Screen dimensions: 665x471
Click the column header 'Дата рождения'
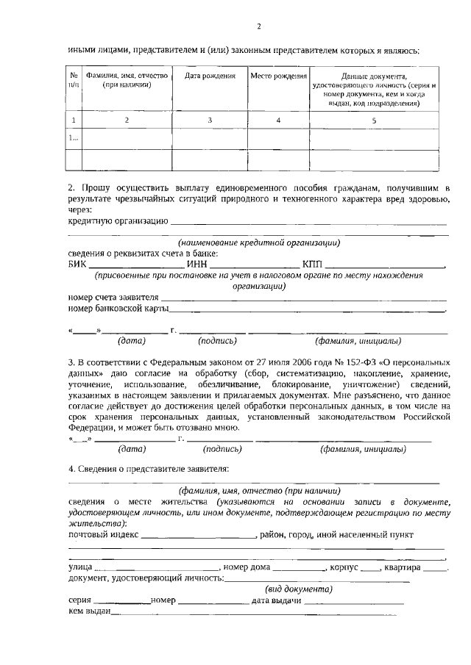point(210,76)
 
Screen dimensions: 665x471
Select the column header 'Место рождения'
point(277,76)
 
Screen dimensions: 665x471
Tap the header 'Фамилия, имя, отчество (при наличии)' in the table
point(127,80)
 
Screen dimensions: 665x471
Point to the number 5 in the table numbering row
point(374,119)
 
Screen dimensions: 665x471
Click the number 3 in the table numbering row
point(210,119)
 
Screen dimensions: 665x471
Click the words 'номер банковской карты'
point(114,309)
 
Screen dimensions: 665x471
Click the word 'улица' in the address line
point(80,567)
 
